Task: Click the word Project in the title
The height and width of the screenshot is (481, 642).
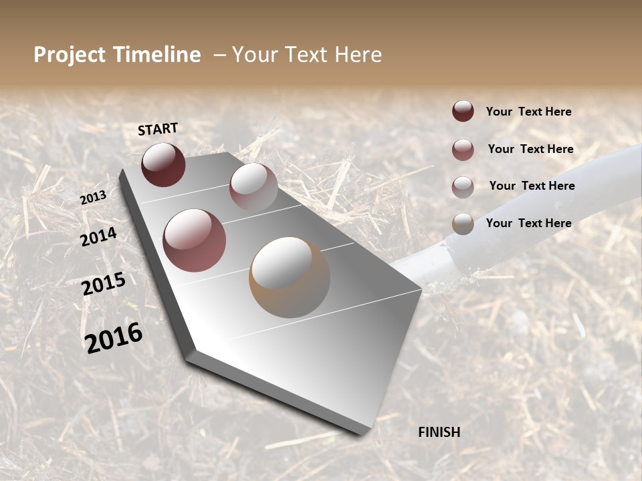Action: pos(70,55)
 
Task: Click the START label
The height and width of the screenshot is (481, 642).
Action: pos(158,129)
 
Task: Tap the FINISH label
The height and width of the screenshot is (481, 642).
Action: pos(439,432)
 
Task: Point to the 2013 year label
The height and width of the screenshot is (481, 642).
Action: pos(93,198)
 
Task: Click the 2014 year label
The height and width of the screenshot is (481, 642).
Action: pos(98,236)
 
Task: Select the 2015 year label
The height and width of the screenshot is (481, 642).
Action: pos(104,284)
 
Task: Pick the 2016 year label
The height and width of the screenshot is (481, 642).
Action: pos(114,337)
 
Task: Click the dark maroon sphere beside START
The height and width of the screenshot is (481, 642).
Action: pos(163,164)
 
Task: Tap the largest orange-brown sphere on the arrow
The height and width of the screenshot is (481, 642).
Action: pos(290,277)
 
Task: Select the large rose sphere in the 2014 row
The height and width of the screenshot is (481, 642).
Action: pos(195,240)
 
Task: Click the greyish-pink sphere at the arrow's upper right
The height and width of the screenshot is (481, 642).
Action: pos(253,187)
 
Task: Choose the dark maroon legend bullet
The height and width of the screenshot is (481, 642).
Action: pos(463,111)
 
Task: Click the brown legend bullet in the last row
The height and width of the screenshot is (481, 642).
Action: pos(463,223)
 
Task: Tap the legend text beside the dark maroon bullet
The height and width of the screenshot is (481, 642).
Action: pos(528,112)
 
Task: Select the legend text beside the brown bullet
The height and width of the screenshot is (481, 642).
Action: pos(528,223)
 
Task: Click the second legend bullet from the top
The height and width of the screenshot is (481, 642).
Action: pos(463,149)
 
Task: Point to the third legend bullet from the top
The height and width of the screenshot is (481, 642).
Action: pos(463,186)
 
